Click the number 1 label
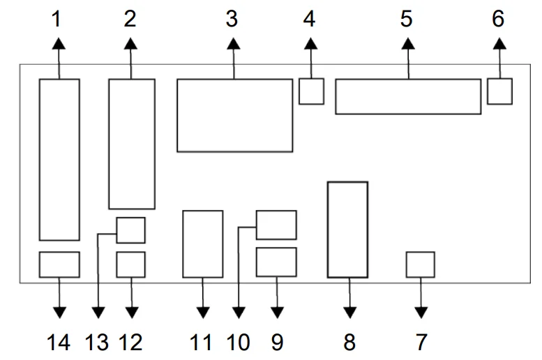[58, 19]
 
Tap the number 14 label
[59, 342]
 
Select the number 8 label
[349, 342]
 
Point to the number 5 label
[407, 19]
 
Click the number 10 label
[239, 342]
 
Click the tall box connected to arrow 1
[59, 160]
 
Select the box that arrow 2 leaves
[131, 144]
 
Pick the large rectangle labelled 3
[234, 115]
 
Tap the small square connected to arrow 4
[311, 91]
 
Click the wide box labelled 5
[408, 96]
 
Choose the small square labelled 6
[499, 91]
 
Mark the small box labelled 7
[420, 264]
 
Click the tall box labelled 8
[347, 230]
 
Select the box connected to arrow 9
[276, 262]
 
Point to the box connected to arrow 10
[276, 225]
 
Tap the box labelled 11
[202, 244]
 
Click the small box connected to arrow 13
[130, 230]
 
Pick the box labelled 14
[59, 264]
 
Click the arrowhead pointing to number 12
[130, 312]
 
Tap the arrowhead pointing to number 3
[234, 43]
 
